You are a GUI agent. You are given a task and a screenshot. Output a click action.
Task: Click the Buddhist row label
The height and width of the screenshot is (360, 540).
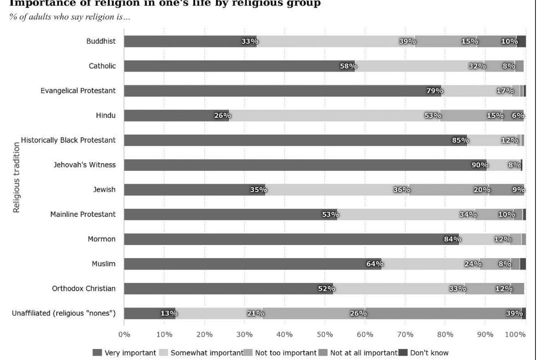[x=101, y=41]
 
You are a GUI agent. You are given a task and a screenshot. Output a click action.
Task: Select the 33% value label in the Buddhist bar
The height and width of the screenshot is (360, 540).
[x=249, y=42]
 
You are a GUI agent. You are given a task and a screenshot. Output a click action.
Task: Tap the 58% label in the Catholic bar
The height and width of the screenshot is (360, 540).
[x=348, y=66]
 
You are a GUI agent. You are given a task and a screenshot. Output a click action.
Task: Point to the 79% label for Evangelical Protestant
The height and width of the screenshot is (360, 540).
[x=434, y=91]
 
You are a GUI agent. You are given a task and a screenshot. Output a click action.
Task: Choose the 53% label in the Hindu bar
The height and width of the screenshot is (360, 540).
[x=432, y=115]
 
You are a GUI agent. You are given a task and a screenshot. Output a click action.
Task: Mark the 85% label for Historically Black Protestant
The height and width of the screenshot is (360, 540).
[x=460, y=140]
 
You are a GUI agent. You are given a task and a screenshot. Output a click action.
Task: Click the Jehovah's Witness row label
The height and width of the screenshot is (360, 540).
[x=84, y=165]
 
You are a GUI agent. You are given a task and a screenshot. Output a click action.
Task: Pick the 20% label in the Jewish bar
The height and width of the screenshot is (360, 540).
[x=482, y=190]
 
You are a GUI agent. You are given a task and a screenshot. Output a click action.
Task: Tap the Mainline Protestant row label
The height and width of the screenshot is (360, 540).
[x=83, y=214]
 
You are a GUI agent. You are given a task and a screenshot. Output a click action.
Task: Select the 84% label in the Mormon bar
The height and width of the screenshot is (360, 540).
[x=452, y=239]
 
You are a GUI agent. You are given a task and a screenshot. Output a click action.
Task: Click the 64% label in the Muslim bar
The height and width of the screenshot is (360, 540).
[x=374, y=264]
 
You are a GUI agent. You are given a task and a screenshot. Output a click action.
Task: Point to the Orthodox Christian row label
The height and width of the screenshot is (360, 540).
[x=83, y=288]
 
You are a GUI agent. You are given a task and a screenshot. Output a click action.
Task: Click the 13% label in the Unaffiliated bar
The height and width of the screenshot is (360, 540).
[x=168, y=313]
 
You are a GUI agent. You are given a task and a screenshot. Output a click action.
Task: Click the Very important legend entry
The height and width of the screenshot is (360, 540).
[x=125, y=353]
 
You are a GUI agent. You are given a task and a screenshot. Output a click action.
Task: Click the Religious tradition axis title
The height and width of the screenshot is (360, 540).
[x=16, y=177]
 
